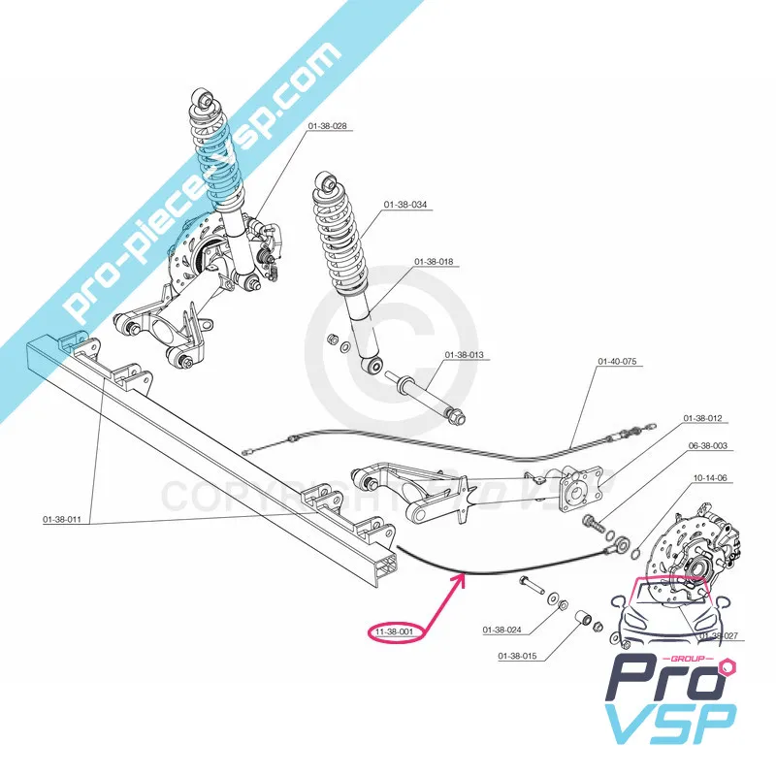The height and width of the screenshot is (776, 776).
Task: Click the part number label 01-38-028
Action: coord(327,126)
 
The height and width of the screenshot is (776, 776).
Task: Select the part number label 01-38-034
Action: coord(405,205)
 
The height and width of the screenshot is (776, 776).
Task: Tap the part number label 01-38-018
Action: coord(434,262)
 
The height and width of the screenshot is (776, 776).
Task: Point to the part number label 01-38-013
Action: coord(464,355)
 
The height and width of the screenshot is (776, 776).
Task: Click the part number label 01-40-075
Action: coord(616,362)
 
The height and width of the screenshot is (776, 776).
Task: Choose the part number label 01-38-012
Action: coord(703,418)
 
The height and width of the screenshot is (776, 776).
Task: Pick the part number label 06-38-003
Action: coord(708,446)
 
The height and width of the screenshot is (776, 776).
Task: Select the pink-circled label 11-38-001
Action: coord(394,632)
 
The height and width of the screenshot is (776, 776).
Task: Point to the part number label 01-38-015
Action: coord(517,656)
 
